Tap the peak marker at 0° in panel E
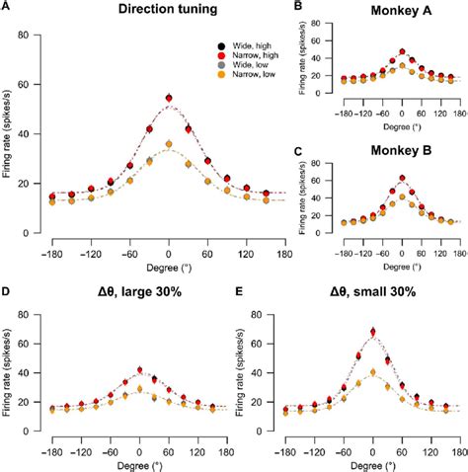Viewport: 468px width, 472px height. [x=372, y=332]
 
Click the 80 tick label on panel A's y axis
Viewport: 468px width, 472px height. [x=37, y=36]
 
